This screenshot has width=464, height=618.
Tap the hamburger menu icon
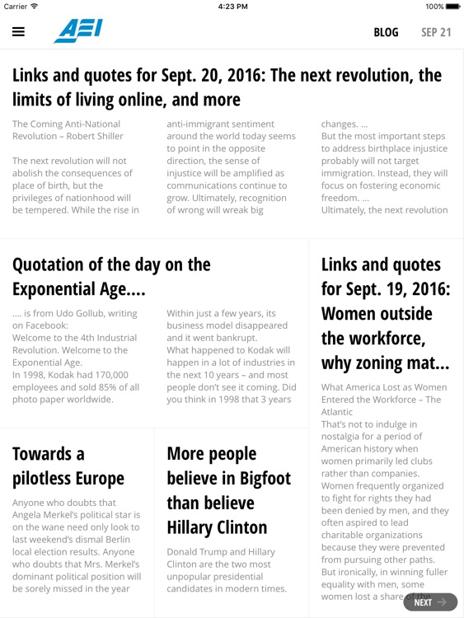(18, 32)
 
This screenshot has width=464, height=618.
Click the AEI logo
(78, 30)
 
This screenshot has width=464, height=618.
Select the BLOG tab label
(386, 32)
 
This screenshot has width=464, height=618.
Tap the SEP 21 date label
(436, 32)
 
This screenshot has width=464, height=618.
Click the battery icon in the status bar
(452, 6)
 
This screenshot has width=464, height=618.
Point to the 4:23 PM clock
(232, 6)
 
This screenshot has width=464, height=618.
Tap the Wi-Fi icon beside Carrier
(34, 6)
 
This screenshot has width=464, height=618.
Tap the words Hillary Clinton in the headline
(217, 527)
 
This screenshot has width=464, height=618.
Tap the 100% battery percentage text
(434, 6)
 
